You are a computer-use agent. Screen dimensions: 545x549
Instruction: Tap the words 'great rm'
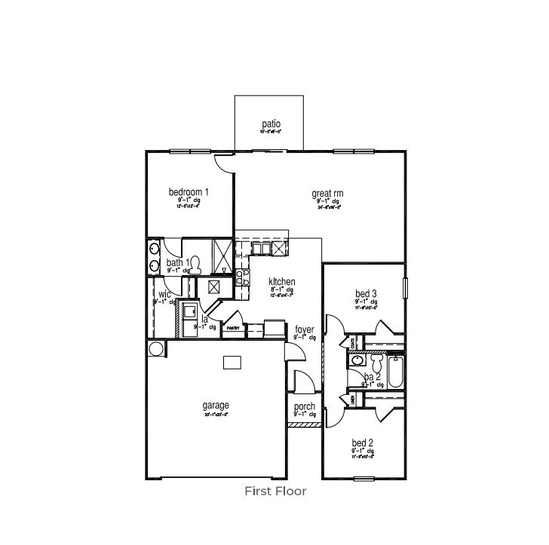(x=327, y=194)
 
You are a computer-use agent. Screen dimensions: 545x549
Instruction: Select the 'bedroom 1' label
(x=189, y=192)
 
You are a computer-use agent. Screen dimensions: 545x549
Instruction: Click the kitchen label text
(x=281, y=281)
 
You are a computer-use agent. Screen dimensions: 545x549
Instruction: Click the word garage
(x=216, y=405)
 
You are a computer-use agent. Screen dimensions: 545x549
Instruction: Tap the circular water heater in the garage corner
(x=157, y=348)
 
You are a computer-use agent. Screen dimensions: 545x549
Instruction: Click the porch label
(x=305, y=407)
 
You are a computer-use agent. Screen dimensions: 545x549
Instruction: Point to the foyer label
(x=305, y=329)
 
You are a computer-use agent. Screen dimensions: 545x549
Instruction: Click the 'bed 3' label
(x=366, y=293)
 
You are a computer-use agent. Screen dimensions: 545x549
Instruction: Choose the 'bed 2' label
(x=363, y=442)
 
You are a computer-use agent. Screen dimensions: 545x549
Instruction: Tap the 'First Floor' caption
(x=275, y=491)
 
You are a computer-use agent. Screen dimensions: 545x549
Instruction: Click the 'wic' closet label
(x=164, y=294)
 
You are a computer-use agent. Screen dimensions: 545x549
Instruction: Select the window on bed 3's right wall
(x=405, y=288)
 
